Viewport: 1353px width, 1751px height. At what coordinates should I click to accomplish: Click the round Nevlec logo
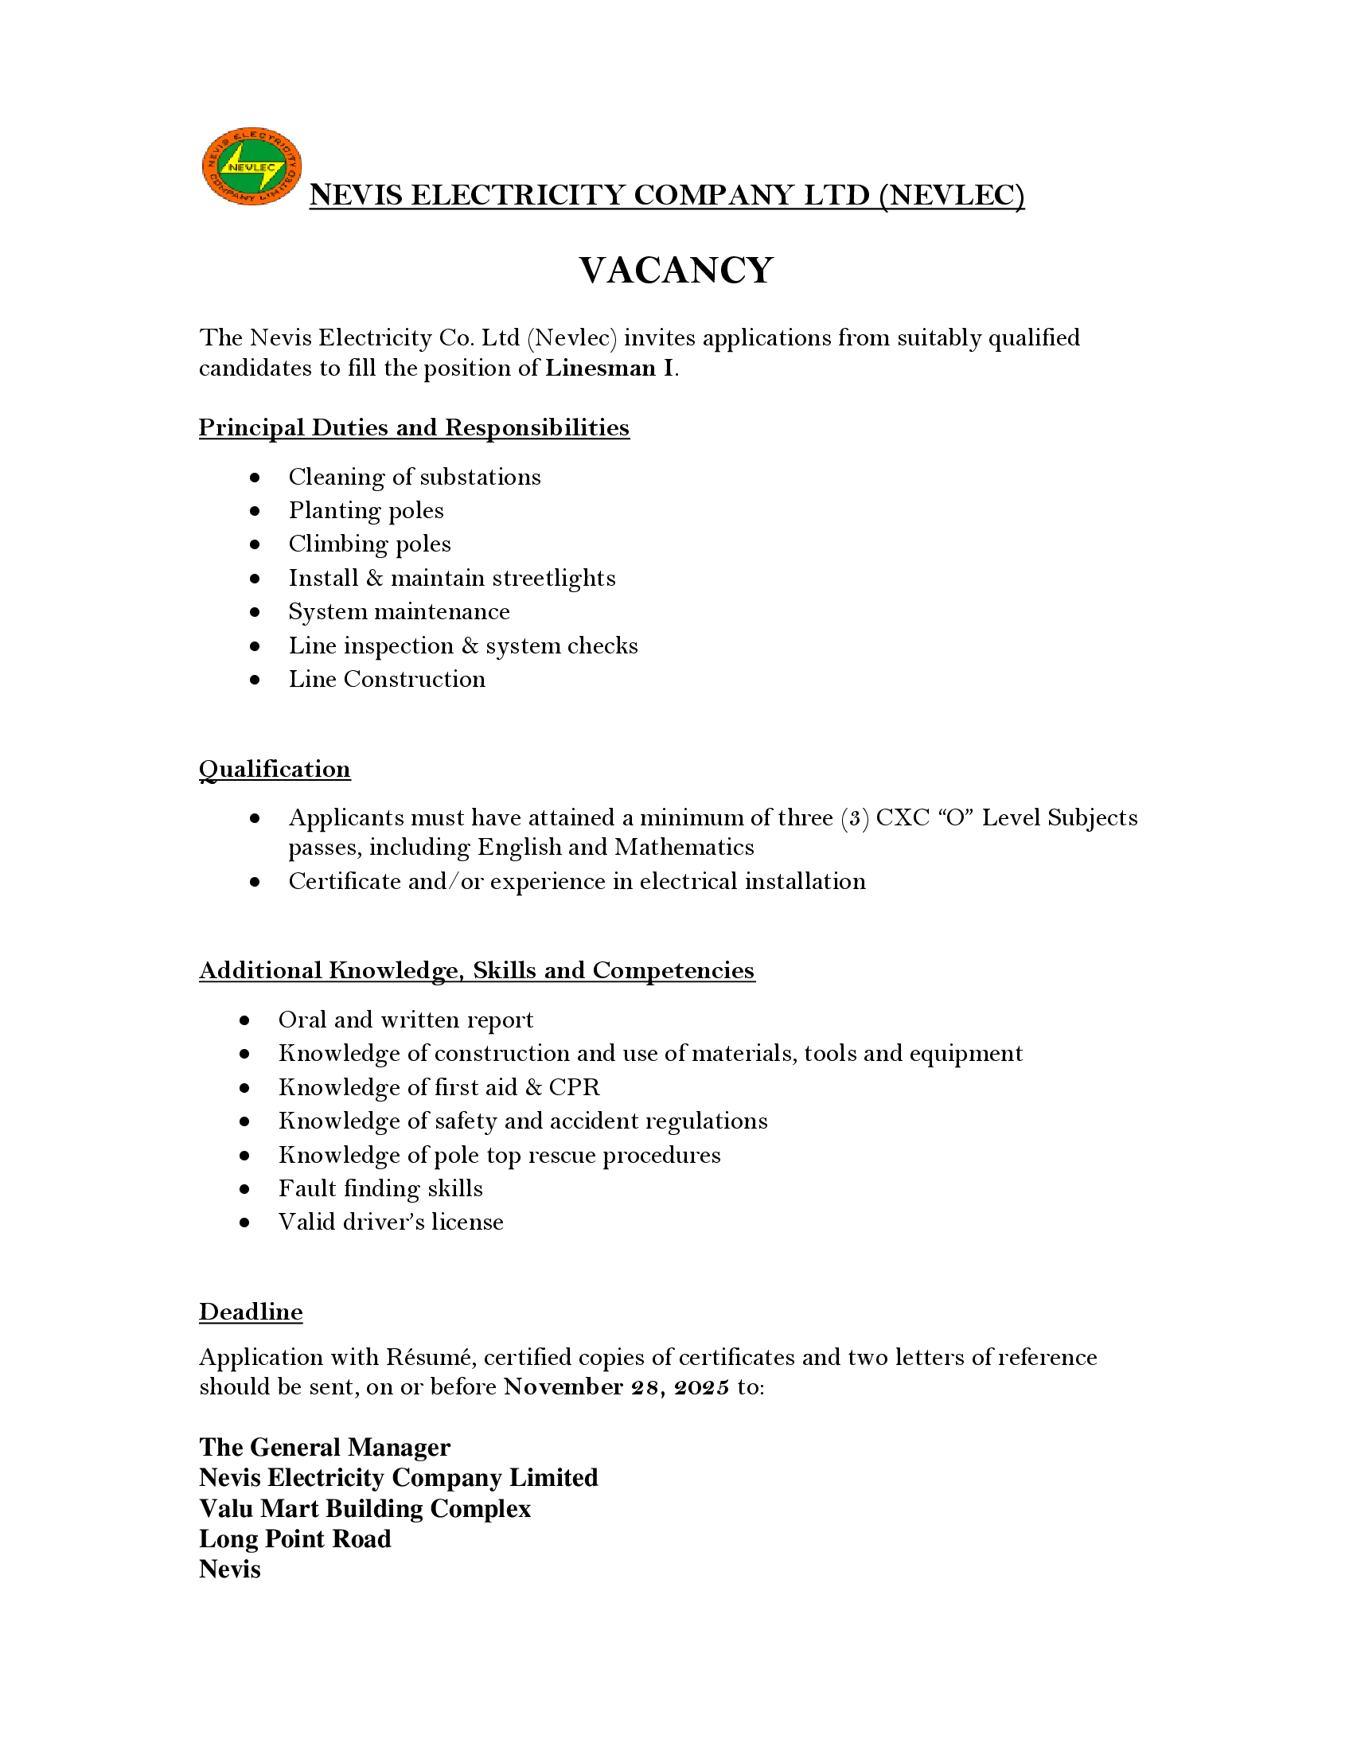251,166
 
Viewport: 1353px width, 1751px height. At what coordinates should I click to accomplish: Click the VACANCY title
676,270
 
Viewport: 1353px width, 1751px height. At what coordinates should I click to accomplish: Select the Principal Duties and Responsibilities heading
414,427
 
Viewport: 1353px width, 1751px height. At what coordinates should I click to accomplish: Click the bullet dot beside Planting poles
255,511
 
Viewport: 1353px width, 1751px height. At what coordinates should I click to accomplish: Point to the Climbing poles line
369,544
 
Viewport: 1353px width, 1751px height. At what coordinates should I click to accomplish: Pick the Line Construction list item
387,679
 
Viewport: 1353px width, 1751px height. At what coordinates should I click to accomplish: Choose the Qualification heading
274,769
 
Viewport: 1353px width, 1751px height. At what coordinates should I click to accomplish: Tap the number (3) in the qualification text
855,817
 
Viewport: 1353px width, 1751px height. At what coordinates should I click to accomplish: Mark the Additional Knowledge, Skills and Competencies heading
477,970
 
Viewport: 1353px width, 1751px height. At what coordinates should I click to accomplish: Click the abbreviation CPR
574,1087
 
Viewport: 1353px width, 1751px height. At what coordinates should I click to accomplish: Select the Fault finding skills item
380,1188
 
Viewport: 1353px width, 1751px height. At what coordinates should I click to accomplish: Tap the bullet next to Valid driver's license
244,1223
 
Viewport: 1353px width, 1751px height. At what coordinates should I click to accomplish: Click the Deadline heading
251,1312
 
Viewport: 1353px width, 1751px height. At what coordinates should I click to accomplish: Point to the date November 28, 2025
616,1387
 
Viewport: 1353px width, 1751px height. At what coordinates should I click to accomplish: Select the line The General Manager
325,1447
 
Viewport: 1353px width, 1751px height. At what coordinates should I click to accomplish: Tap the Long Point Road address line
295,1538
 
